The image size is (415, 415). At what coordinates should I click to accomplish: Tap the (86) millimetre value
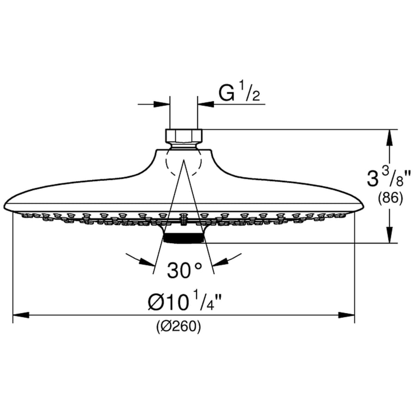tap(391, 198)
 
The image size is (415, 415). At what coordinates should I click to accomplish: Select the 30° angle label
tap(184, 270)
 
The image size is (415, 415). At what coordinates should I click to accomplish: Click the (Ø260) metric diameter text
tap(178, 326)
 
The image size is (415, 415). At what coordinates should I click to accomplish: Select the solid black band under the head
tap(184, 238)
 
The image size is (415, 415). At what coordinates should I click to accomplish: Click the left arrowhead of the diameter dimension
tap(21, 315)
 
